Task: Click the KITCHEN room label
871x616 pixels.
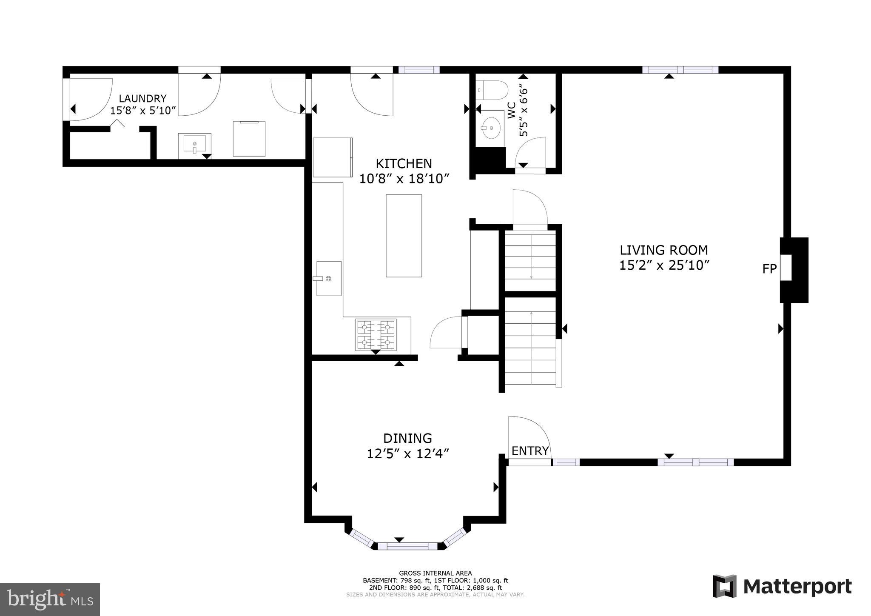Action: click(x=404, y=163)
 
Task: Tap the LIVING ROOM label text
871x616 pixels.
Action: click(x=663, y=250)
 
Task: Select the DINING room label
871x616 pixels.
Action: click(x=407, y=438)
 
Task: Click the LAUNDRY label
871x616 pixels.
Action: click(x=142, y=99)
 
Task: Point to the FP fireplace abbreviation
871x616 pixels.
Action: click(x=769, y=269)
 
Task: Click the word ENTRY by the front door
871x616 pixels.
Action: click(x=530, y=451)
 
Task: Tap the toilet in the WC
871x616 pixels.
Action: click(x=493, y=91)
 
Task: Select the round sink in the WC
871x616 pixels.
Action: click(x=492, y=127)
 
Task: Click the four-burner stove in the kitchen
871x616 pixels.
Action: click(x=376, y=335)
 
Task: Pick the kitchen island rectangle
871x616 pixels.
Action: click(x=404, y=236)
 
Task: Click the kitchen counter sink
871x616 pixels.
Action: click(x=329, y=278)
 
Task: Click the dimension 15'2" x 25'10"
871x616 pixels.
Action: click(x=664, y=265)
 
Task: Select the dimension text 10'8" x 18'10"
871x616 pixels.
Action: click(x=404, y=179)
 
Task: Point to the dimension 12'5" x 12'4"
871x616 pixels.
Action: click(x=408, y=454)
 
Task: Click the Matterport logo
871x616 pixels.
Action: click(x=782, y=587)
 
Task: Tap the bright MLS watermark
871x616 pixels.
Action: click(x=50, y=599)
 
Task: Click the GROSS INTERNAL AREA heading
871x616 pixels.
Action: click(x=435, y=573)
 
